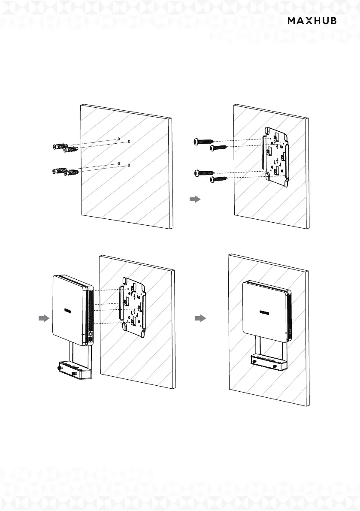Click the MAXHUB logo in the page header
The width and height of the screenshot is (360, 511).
pyautogui.click(x=312, y=21)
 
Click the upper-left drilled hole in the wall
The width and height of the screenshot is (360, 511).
pyautogui.click(x=118, y=139)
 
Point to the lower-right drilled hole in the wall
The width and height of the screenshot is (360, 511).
pyautogui.click(x=129, y=165)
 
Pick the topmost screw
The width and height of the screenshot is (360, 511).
pyautogui.click(x=204, y=141)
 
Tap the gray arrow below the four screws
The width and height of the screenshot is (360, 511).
pyautogui.click(x=195, y=200)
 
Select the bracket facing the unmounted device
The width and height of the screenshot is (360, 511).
pyautogui.click(x=133, y=306)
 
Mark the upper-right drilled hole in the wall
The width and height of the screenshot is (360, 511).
pyautogui.click(x=129, y=141)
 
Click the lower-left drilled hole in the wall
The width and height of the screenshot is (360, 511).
pyautogui.click(x=118, y=163)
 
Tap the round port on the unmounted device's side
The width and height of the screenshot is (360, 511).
pyautogui.click(x=90, y=333)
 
